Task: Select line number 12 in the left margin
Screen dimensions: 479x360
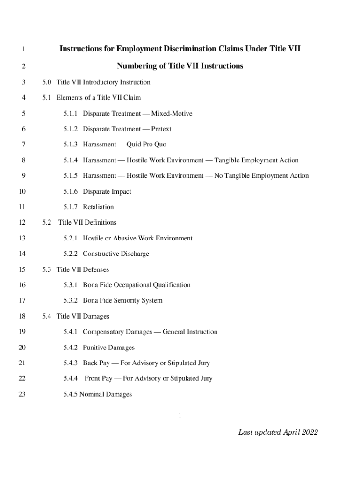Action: click(22, 223)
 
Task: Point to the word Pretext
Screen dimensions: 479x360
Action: click(161, 129)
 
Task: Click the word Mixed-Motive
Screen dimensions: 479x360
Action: click(172, 114)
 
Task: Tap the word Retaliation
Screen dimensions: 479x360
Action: click(98, 207)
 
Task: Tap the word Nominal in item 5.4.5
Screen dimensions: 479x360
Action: click(92, 394)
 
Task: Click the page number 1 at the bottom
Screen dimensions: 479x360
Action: click(180, 415)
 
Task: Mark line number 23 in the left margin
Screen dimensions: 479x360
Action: click(22, 394)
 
